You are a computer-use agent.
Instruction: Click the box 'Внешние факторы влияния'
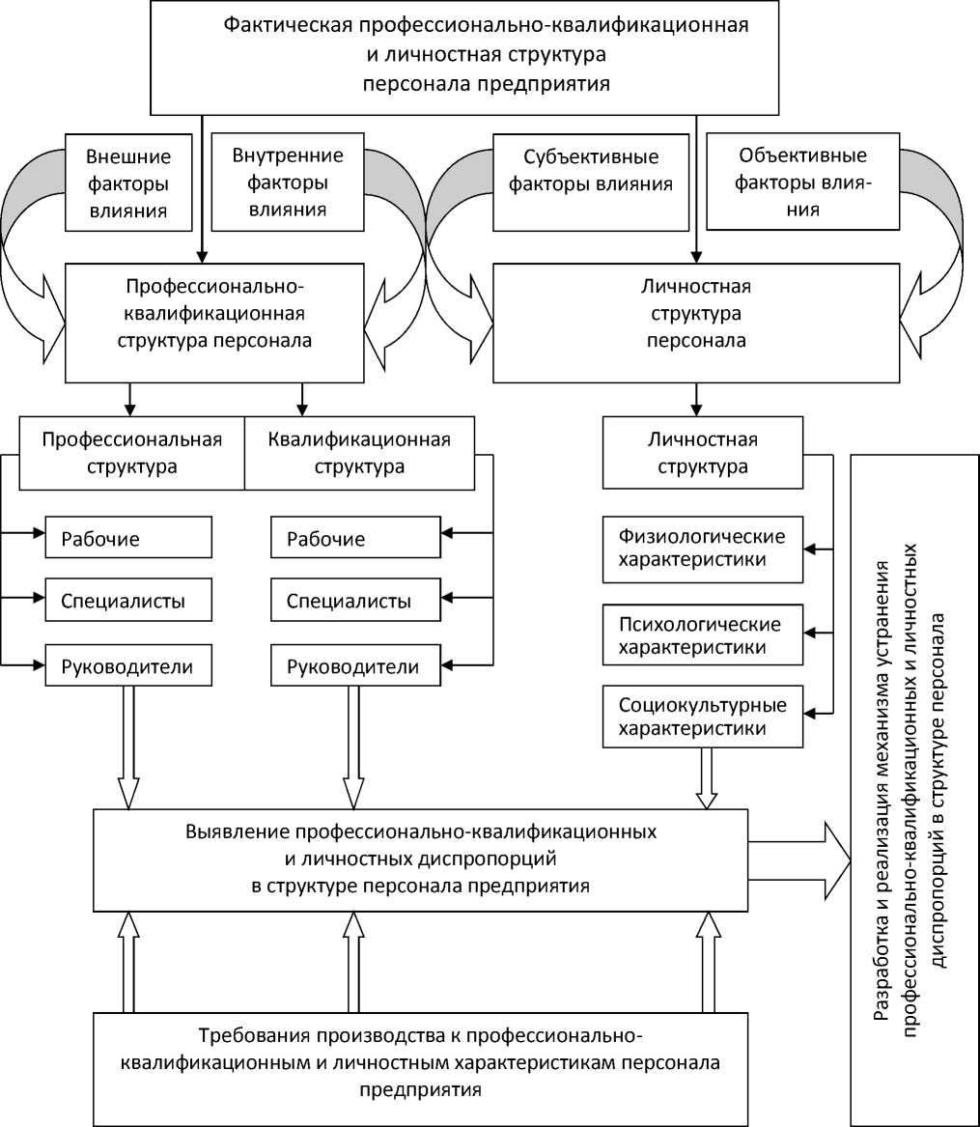(x=128, y=183)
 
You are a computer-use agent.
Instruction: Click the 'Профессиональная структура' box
(x=132, y=452)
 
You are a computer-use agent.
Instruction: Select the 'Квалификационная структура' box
(x=359, y=452)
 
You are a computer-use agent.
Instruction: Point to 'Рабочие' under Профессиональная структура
(x=127, y=538)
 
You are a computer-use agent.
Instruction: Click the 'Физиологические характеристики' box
(x=702, y=548)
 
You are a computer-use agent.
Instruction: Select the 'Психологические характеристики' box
(x=702, y=634)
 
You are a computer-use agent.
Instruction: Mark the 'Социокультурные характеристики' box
(x=702, y=716)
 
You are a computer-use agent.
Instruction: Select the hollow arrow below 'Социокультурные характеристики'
(x=708, y=777)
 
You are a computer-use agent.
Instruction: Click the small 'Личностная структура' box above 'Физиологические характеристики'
(x=702, y=452)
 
